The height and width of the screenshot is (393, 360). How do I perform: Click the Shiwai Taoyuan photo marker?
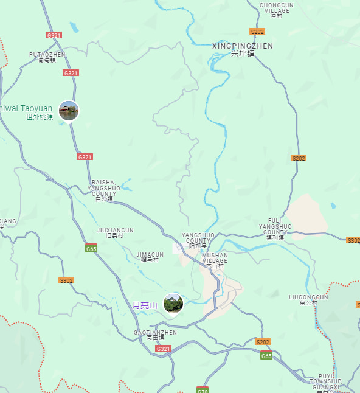(x=69, y=111)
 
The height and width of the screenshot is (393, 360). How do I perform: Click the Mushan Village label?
(x=215, y=259)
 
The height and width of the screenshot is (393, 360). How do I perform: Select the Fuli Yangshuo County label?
(x=275, y=228)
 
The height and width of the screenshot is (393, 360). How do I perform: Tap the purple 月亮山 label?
(x=145, y=305)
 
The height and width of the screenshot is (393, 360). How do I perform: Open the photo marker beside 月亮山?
(x=173, y=303)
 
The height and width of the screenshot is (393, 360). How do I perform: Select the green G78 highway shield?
(x=202, y=389)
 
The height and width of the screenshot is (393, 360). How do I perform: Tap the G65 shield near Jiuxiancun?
(x=91, y=249)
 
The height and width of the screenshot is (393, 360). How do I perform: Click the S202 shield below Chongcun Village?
(x=257, y=31)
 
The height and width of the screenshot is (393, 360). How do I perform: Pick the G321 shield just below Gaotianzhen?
(x=163, y=349)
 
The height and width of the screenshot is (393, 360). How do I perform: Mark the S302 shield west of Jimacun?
(x=66, y=280)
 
